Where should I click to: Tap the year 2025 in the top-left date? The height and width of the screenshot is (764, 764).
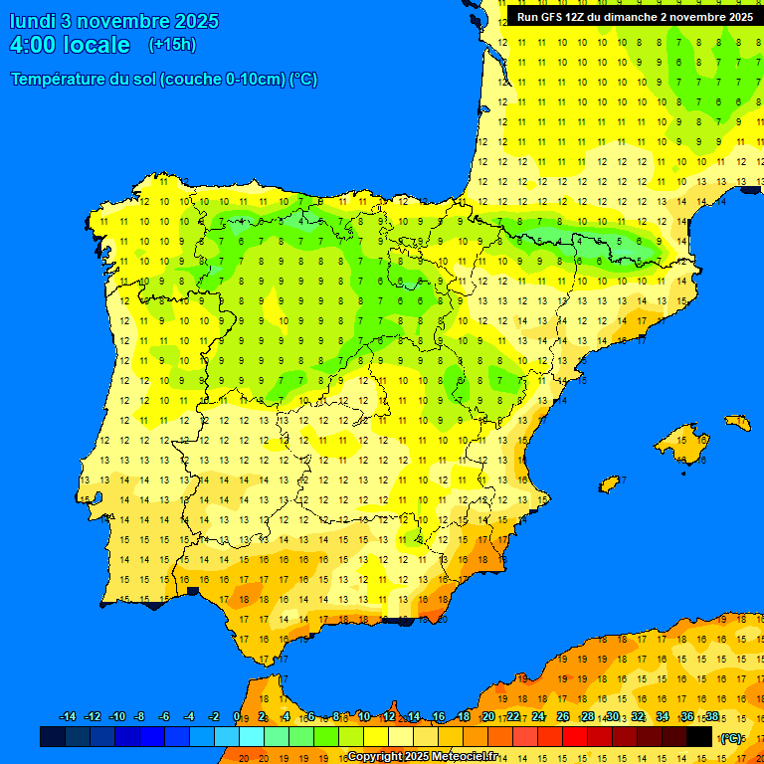click(x=196, y=21)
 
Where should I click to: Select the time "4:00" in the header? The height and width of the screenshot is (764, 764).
click(x=33, y=45)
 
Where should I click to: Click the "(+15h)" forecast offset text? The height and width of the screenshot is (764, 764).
click(x=172, y=45)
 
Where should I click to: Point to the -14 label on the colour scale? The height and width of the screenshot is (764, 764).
click(x=68, y=717)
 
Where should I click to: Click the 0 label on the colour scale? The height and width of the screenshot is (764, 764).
click(x=236, y=717)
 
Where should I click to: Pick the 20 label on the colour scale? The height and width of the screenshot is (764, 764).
click(x=488, y=717)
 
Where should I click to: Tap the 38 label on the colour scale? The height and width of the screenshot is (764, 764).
click(x=711, y=717)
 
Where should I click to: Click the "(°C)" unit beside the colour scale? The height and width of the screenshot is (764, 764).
click(x=731, y=738)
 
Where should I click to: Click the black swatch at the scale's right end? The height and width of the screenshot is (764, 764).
click(x=699, y=736)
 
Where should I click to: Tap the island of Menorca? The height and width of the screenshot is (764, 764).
click(x=737, y=422)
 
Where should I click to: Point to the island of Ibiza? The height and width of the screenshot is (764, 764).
click(x=609, y=484)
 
